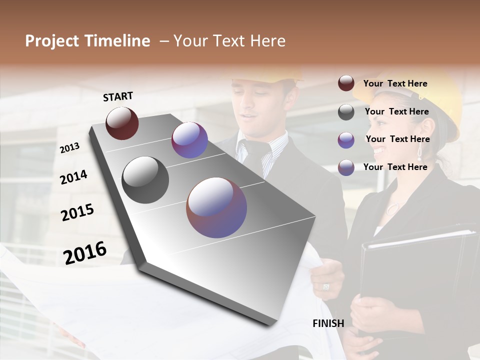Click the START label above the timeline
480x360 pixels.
click(x=118, y=96)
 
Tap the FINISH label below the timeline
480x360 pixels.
click(x=328, y=323)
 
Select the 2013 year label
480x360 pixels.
click(x=70, y=148)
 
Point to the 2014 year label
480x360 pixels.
click(x=73, y=177)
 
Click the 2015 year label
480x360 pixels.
click(x=77, y=212)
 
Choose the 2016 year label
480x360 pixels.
click(x=85, y=252)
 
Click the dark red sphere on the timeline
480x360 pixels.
click(x=122, y=123)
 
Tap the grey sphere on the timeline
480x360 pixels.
click(x=145, y=180)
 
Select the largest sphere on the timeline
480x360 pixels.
click(x=216, y=207)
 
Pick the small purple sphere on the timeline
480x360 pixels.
click(x=189, y=140)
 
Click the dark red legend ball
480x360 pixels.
click(x=346, y=83)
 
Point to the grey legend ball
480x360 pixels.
click(x=346, y=112)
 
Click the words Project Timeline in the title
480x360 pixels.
click(x=87, y=41)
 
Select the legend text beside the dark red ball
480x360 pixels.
click(x=395, y=83)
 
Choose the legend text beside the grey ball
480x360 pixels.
click(x=396, y=111)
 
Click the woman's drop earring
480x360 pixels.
click(x=419, y=153)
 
